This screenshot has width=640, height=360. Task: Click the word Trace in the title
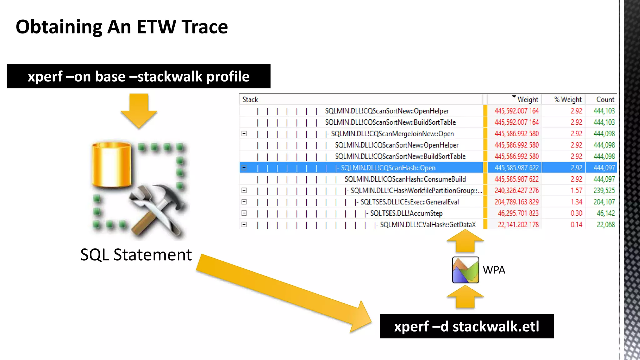[x=204, y=27]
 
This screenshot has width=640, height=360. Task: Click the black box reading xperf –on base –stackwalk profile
[x=139, y=76]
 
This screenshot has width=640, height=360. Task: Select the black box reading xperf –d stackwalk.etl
[x=466, y=326]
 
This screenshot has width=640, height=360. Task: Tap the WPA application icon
[x=465, y=270]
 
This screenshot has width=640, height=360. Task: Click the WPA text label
[x=494, y=270]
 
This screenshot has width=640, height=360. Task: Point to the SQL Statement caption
[x=136, y=255]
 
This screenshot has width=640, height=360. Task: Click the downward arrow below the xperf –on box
[x=139, y=111]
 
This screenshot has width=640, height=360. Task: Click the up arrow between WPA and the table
[x=465, y=241]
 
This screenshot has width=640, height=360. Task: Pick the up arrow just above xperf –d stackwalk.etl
[x=465, y=297]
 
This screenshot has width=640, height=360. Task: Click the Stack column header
[x=250, y=100]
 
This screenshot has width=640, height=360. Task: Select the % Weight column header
[x=568, y=100]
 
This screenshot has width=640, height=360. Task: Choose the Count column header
[x=605, y=100]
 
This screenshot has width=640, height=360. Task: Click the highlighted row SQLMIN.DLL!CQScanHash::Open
[x=388, y=168]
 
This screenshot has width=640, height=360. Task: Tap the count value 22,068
[x=605, y=225]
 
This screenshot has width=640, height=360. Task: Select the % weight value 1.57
[x=576, y=191]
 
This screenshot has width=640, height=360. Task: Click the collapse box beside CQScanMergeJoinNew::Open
[x=244, y=134]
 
